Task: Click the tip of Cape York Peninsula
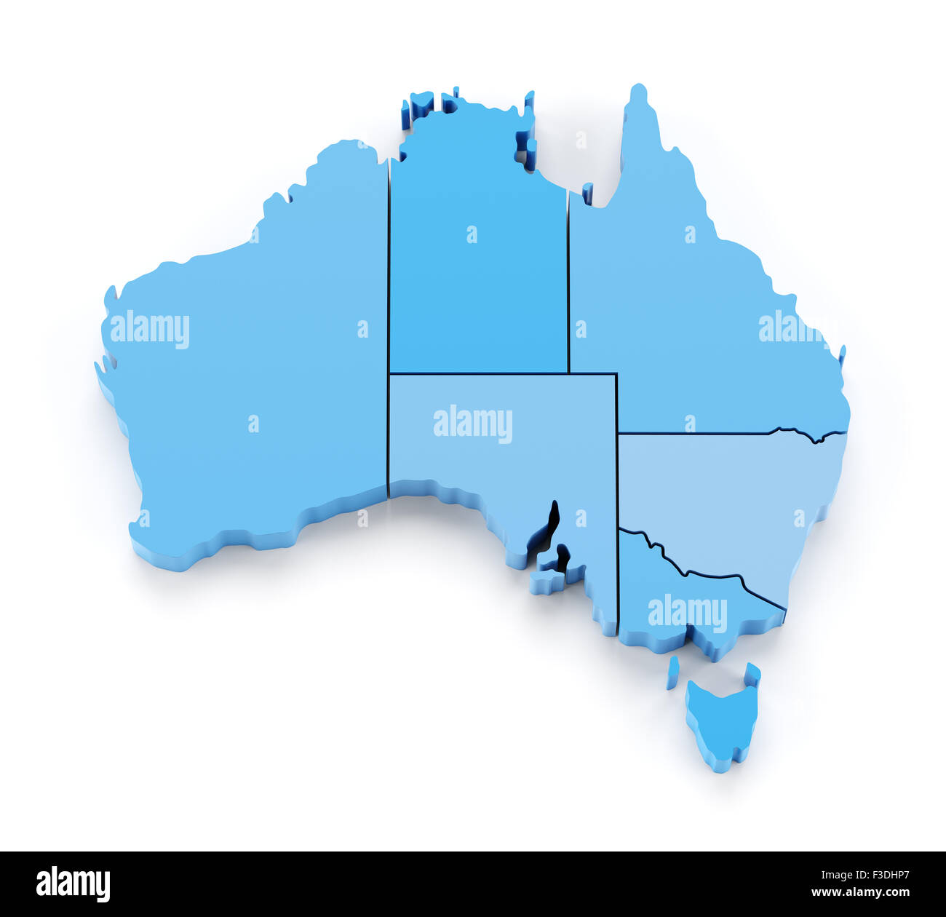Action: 638,91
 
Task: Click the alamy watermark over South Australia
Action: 473,424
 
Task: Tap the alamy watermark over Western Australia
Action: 150,329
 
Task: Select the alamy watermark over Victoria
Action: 687,613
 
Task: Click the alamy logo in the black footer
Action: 73,884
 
